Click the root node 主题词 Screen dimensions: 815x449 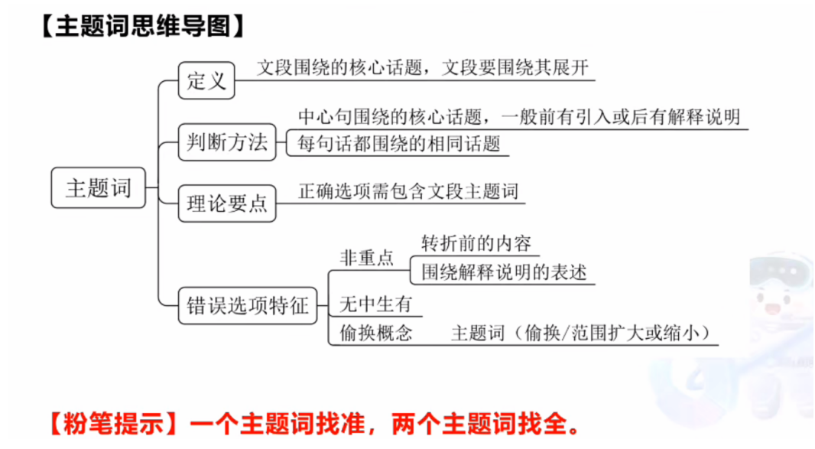click(x=98, y=187)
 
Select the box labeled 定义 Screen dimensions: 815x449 click(x=206, y=80)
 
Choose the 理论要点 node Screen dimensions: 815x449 click(x=227, y=203)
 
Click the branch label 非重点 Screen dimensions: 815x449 click(x=366, y=259)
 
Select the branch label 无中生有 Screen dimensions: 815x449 click(x=375, y=304)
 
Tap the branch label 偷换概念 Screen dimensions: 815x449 click(x=375, y=333)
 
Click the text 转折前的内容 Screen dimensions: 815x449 click(x=476, y=243)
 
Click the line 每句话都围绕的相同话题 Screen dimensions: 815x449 click(x=398, y=144)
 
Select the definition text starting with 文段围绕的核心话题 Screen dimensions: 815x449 click(x=423, y=67)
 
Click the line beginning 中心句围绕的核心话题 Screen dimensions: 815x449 click(x=518, y=117)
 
